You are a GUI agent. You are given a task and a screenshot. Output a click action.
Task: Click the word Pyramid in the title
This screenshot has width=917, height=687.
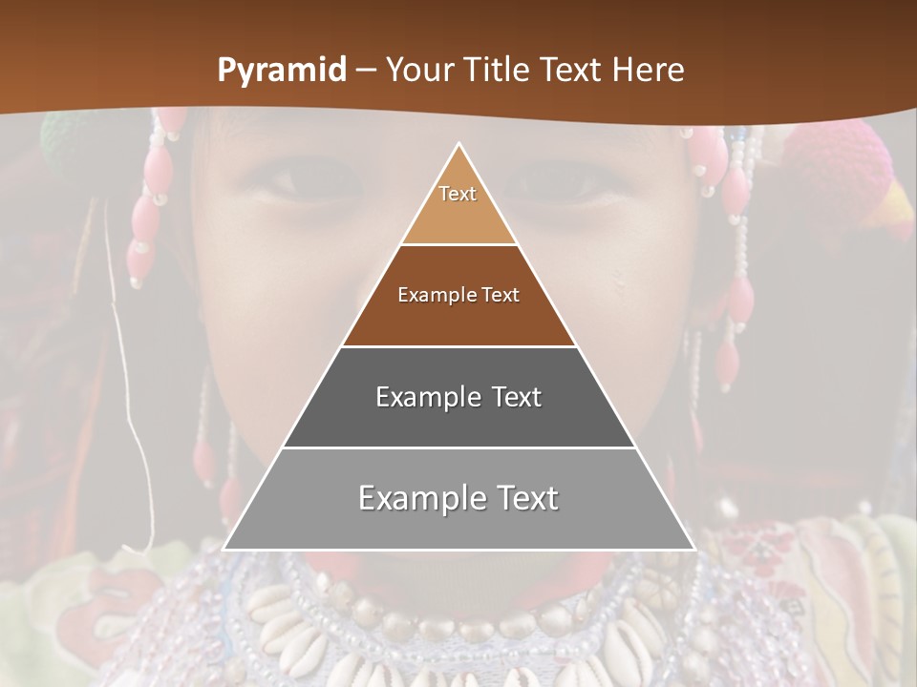pos(281,71)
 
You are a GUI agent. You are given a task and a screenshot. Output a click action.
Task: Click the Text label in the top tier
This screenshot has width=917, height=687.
pos(458,194)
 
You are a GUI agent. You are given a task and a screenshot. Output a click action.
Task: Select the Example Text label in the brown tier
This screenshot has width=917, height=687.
pos(458,295)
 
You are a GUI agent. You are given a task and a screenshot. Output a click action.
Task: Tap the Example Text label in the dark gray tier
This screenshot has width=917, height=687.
pos(458,397)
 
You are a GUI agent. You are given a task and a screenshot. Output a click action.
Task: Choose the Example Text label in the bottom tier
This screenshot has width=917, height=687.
pos(458,498)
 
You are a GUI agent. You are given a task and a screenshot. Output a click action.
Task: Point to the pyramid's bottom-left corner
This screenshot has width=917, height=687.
pos(224,549)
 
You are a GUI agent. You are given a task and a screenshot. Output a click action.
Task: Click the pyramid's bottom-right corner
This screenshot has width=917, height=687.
pos(693,549)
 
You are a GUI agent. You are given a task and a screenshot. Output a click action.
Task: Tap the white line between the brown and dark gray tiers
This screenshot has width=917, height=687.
pos(458,346)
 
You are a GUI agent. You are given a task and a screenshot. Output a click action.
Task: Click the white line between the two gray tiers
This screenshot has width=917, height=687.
pos(458,448)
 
